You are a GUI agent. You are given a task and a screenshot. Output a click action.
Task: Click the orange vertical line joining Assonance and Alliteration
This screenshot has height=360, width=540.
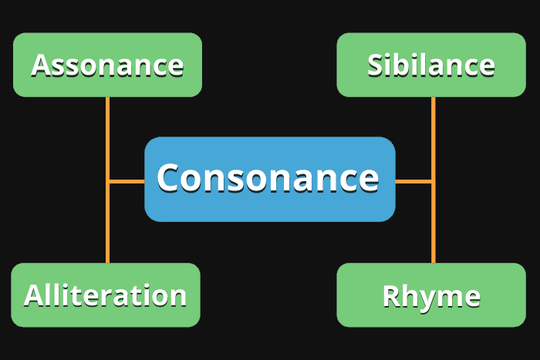pyautogui.click(x=107, y=224)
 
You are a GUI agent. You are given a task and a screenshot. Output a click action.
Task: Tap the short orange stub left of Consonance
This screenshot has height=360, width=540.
pyautogui.click(x=127, y=181)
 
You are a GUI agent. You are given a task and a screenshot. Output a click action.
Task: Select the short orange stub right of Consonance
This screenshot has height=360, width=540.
pyautogui.click(x=413, y=181)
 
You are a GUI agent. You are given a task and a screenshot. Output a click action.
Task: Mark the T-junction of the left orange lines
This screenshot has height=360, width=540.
pyautogui.click(x=107, y=181)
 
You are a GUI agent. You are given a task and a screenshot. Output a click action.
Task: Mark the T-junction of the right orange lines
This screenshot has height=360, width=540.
pyautogui.click(x=433, y=181)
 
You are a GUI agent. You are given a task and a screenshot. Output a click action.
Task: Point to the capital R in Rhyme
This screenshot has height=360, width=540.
pyautogui.click(x=392, y=297)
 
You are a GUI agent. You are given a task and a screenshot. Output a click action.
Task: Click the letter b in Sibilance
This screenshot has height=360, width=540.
pyautogui.click(x=405, y=65)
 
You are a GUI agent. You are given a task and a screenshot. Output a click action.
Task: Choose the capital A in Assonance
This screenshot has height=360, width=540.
pyautogui.click(x=42, y=66)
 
